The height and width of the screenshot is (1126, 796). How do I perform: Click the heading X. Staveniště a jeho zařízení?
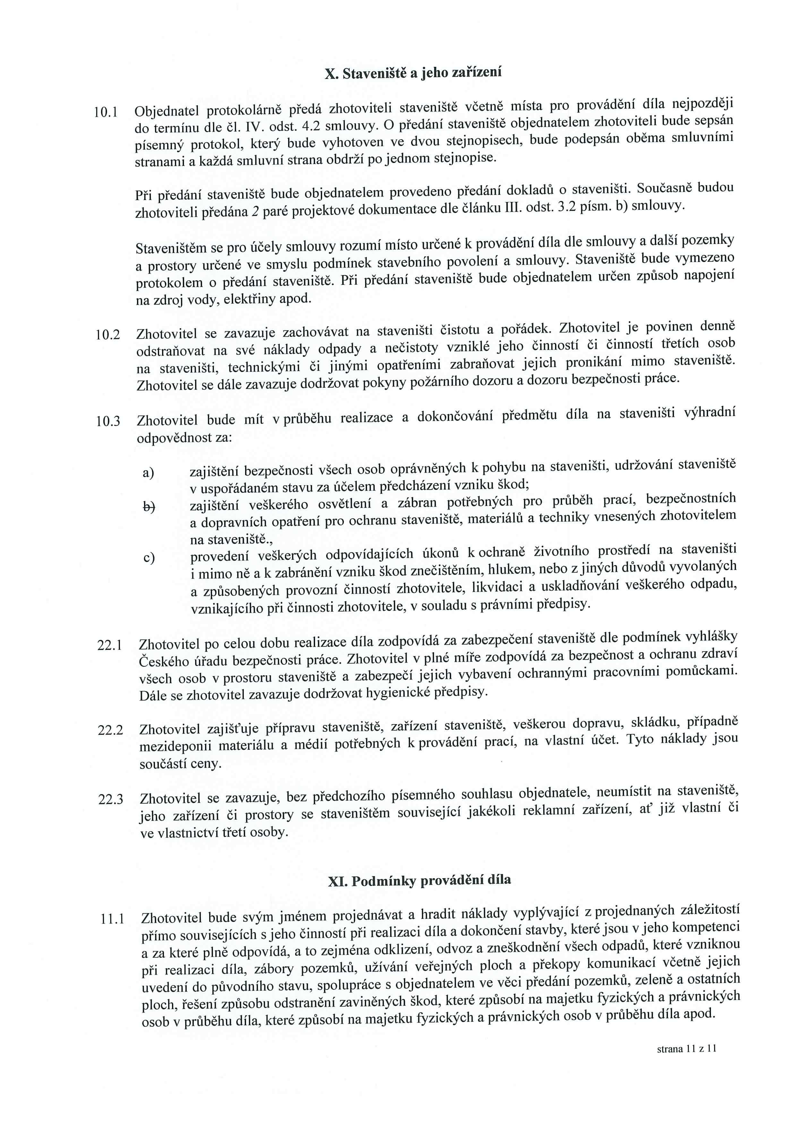click(x=413, y=74)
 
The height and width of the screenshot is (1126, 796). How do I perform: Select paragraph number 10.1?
click(x=105, y=112)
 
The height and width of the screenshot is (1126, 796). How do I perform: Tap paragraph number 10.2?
click(x=108, y=335)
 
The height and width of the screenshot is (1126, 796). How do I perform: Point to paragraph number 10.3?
click(x=108, y=421)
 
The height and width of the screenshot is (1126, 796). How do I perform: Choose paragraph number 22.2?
click(x=110, y=730)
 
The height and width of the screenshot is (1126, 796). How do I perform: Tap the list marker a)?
click(x=148, y=473)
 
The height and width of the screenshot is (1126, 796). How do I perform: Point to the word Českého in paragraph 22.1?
click(x=162, y=662)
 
